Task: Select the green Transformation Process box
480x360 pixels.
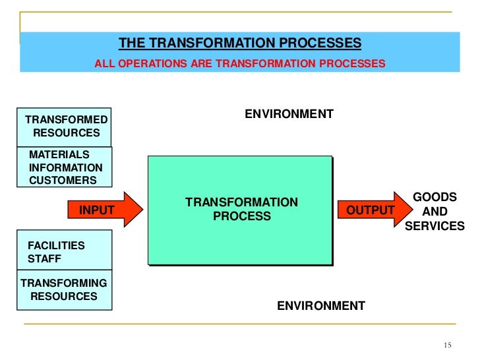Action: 240,210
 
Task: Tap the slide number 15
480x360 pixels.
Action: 448,346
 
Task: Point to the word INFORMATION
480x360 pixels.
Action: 66,167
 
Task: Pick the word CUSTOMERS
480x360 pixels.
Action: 63,180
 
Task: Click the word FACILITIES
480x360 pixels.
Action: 56,245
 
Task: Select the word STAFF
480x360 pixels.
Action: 44,258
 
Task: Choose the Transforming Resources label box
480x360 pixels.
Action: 64,289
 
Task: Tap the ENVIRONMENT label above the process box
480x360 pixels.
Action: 289,114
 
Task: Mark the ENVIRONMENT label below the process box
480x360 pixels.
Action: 320,306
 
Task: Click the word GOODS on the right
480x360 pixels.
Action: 434,197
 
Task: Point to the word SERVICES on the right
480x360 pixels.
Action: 434,225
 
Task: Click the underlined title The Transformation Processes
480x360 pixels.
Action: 240,44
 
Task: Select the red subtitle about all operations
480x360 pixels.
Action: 240,64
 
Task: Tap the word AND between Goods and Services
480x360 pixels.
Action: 434,212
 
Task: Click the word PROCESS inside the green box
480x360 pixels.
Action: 241,216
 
